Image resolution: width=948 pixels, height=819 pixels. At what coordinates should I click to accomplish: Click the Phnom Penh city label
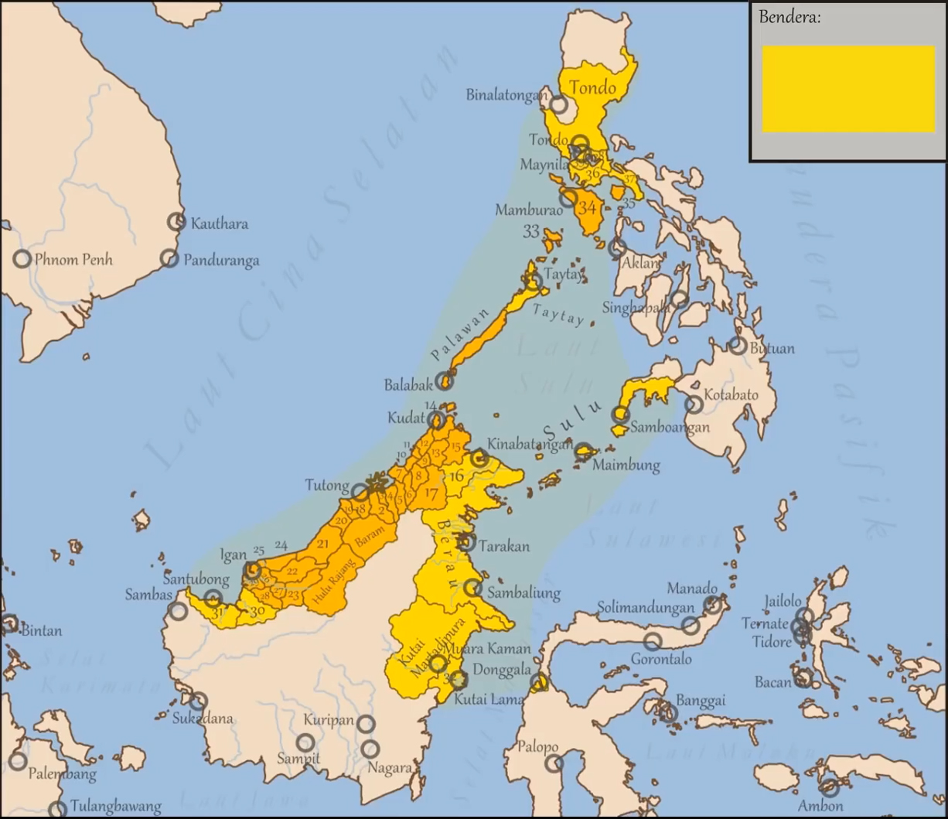click(73, 259)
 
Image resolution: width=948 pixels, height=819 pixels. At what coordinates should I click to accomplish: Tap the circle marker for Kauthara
click(177, 222)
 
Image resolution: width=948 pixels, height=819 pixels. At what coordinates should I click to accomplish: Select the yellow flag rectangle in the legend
click(848, 89)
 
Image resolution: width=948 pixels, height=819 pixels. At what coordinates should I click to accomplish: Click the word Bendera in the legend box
click(789, 17)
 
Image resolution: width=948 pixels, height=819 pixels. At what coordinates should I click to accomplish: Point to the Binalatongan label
click(506, 95)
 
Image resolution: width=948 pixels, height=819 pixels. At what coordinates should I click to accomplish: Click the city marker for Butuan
click(738, 346)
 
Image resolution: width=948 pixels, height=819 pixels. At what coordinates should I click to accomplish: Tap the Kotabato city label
click(731, 394)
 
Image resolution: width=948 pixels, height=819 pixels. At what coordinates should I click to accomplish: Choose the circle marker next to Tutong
click(360, 491)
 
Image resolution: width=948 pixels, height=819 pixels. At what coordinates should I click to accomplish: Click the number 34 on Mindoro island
click(587, 207)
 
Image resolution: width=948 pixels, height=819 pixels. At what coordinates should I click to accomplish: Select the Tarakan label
click(503, 546)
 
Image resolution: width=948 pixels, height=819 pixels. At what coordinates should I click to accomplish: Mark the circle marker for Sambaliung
click(473, 588)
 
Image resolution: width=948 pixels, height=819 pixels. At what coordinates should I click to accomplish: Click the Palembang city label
click(62, 773)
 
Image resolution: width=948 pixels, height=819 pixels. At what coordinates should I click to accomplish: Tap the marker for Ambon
click(830, 788)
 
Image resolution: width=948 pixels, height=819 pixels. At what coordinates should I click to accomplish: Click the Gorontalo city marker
click(653, 640)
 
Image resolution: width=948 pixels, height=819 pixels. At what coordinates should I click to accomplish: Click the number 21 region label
click(323, 544)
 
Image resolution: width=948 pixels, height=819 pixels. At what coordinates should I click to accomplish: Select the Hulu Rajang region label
click(335, 582)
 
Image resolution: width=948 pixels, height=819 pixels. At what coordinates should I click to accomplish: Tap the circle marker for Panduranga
click(169, 258)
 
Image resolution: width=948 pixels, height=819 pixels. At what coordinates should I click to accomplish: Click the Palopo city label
click(537, 747)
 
